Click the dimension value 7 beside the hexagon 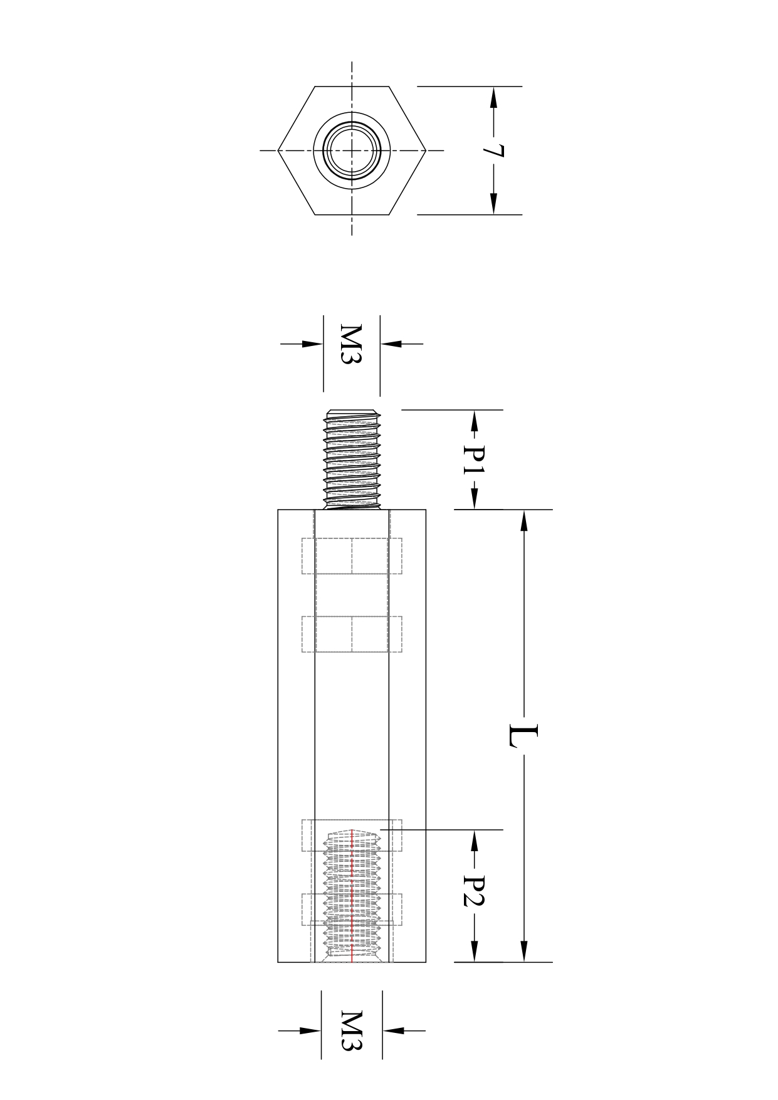tap(493, 150)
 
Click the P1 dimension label tap(474, 459)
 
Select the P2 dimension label tap(474, 890)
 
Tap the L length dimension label tap(523, 735)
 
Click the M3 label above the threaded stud tap(351, 344)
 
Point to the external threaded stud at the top tap(352, 459)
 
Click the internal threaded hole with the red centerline tap(352, 896)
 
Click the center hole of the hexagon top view tap(352, 150)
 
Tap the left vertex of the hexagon tap(279, 150)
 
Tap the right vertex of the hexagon tap(425, 150)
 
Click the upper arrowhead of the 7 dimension tap(493, 97)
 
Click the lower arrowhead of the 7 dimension tap(493, 204)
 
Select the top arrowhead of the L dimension tap(524, 520)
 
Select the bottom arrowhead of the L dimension tap(524, 951)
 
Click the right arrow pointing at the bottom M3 tap(393, 1030)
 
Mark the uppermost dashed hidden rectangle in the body tap(352, 555)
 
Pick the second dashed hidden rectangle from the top tap(352, 634)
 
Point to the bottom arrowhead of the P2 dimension tap(474, 951)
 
